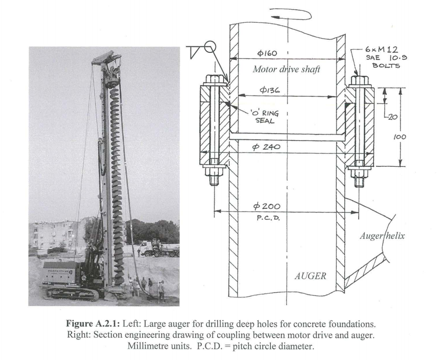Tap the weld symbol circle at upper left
[x=209, y=46]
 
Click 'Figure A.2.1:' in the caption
[x=88, y=324]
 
